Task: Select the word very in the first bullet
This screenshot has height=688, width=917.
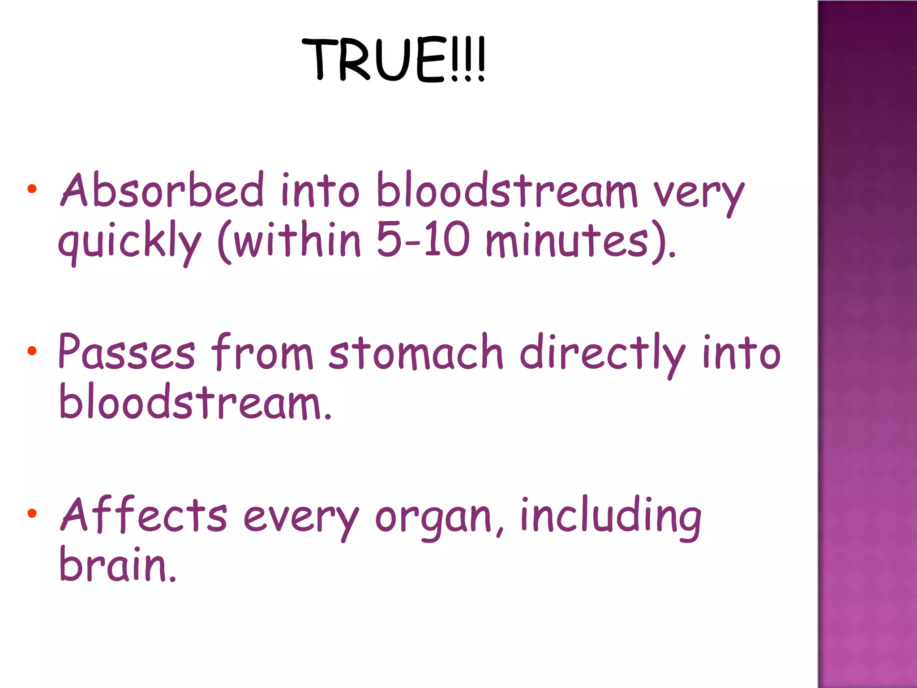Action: click(698, 195)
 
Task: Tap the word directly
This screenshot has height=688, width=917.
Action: click(602, 354)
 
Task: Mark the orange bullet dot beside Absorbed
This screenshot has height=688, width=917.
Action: click(31, 189)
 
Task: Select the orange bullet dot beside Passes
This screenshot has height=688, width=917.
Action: click(31, 351)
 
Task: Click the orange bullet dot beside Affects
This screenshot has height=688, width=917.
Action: click(31, 513)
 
